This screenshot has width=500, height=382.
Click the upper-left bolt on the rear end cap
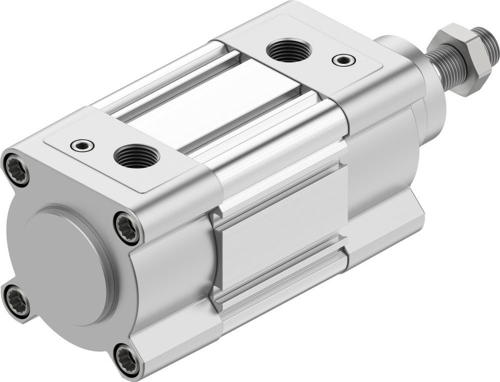click(x=16, y=170)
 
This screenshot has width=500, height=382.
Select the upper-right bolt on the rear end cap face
click(x=127, y=228)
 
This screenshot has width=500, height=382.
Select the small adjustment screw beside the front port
click(x=342, y=60)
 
